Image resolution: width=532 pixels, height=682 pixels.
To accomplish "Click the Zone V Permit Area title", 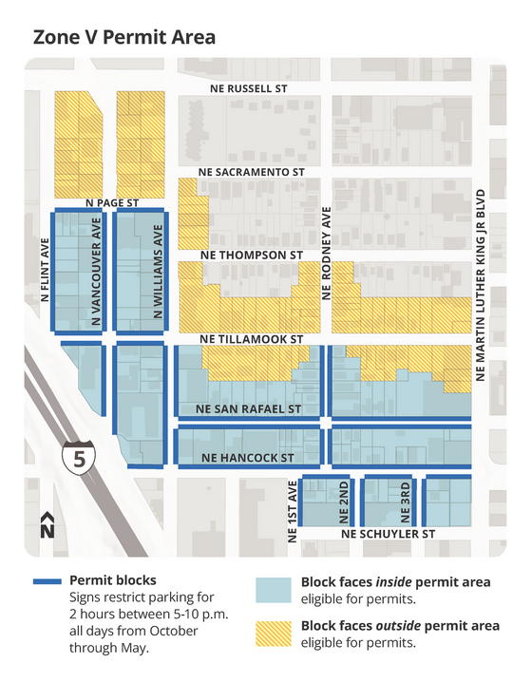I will pos(123,37).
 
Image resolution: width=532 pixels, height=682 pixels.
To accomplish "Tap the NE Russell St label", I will pos(248,88).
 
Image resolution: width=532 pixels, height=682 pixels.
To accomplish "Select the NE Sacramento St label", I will pos(252,172).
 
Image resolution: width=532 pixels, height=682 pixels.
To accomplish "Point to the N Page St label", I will pos(112,202).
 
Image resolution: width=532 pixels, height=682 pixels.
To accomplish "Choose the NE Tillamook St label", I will pos(251,338).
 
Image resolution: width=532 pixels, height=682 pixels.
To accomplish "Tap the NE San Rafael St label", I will pos(248,408).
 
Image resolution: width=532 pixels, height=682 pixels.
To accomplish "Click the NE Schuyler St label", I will pos(387,534).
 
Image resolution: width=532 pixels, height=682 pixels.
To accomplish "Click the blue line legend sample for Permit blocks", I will pos(45,580).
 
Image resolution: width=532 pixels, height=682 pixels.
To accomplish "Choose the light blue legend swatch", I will pos(275,589).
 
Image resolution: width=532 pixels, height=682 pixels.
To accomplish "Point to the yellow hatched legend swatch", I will pos(275,634).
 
